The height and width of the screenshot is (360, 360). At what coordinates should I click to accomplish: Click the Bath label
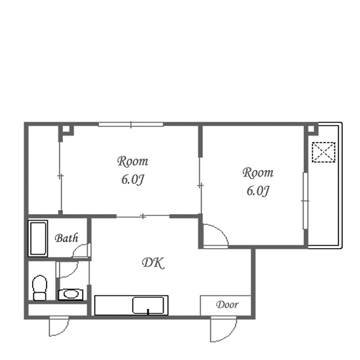click(x=67, y=238)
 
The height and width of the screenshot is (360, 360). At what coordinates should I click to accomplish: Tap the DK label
click(x=153, y=263)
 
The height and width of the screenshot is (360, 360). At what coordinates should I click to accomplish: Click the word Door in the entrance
click(x=227, y=304)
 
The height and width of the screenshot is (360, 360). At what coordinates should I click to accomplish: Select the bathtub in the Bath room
click(x=38, y=238)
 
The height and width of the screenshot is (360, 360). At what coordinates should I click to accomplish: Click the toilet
click(x=39, y=288)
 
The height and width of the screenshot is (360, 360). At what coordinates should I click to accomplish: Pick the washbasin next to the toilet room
click(x=70, y=294)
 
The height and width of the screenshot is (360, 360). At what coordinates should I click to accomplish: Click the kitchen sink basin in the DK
click(x=148, y=305)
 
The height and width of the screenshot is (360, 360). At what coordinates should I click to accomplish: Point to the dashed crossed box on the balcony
click(x=323, y=153)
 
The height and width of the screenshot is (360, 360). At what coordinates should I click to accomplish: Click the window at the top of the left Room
click(x=131, y=124)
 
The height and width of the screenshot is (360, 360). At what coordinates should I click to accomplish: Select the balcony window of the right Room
click(x=305, y=201)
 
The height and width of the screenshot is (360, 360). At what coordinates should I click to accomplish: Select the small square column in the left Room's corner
click(x=66, y=129)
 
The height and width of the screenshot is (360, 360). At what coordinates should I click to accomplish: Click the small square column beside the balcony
click(x=311, y=129)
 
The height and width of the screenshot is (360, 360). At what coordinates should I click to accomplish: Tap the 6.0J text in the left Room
click(x=133, y=179)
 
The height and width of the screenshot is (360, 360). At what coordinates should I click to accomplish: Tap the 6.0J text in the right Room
click(x=258, y=190)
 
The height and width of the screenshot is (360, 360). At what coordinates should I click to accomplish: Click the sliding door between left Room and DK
click(x=143, y=216)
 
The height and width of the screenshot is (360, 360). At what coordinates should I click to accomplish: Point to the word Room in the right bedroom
click(x=258, y=173)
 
